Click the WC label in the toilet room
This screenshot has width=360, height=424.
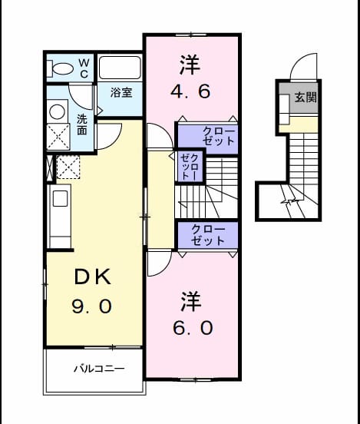[84, 68]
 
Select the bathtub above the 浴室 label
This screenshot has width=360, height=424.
[121, 68]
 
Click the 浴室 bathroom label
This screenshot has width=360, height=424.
[121, 92]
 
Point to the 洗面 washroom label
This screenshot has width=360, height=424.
[82, 124]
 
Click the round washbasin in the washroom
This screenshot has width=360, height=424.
[57, 111]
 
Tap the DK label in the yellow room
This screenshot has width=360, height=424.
[93, 277]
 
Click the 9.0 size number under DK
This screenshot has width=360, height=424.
[92, 306]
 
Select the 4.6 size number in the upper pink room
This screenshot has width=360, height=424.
[190, 91]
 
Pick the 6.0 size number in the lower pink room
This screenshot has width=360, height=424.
[193, 328]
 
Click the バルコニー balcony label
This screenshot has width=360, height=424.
[99, 368]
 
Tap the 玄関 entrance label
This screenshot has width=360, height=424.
[306, 97]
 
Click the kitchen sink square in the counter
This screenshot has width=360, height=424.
[60, 198]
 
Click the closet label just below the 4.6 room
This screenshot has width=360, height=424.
[218, 136]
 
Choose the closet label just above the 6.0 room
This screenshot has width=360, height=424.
[207, 235]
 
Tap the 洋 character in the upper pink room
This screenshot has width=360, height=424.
[190, 65]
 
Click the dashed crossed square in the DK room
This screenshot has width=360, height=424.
[68, 167]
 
